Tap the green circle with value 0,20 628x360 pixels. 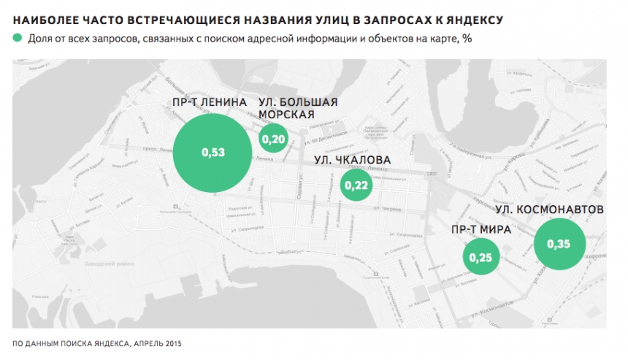[x=272, y=139]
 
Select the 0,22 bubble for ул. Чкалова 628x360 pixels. [x=358, y=185]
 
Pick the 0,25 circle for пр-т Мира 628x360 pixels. [x=481, y=257]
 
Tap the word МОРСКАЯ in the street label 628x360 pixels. [x=287, y=114]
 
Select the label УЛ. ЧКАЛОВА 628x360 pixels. [x=352, y=160]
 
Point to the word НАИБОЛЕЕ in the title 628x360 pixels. [x=47, y=16]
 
